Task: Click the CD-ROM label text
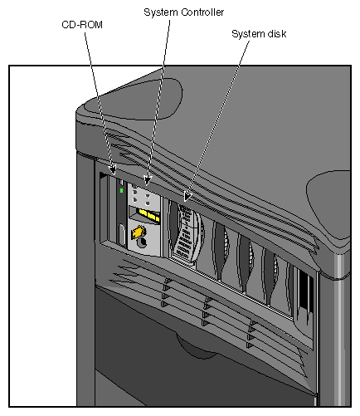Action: click(77, 25)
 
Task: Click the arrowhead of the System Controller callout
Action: click(148, 181)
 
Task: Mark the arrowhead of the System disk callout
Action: click(187, 199)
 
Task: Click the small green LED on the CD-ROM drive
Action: click(121, 190)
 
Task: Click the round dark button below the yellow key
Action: click(142, 245)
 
